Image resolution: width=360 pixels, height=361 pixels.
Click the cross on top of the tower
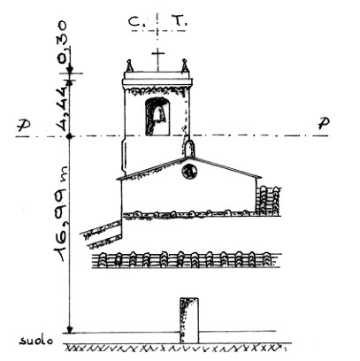[158, 60]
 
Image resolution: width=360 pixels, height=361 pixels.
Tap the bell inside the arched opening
[158, 114]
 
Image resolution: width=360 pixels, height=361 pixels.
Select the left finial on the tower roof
[129, 65]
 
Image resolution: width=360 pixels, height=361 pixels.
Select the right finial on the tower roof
[185, 65]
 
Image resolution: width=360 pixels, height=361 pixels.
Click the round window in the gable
[189, 171]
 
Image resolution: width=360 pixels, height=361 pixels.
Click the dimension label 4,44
[62, 108]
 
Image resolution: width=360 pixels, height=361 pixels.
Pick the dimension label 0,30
[62, 42]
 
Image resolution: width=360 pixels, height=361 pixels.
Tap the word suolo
[36, 341]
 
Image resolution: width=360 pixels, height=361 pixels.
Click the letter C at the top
[135, 21]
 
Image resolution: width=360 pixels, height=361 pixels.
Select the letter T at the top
[178, 21]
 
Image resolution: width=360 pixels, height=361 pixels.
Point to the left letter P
[23, 126]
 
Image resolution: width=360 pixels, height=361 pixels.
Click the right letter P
[324, 123]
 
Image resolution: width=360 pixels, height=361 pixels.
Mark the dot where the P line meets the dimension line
[70, 136]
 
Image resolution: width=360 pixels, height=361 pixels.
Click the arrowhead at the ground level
[70, 330]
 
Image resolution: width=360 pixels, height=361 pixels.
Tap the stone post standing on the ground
[189, 320]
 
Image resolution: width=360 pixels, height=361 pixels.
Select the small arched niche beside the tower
[190, 149]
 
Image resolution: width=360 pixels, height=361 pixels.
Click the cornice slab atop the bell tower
[157, 79]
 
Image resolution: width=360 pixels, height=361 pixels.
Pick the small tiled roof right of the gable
[268, 201]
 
